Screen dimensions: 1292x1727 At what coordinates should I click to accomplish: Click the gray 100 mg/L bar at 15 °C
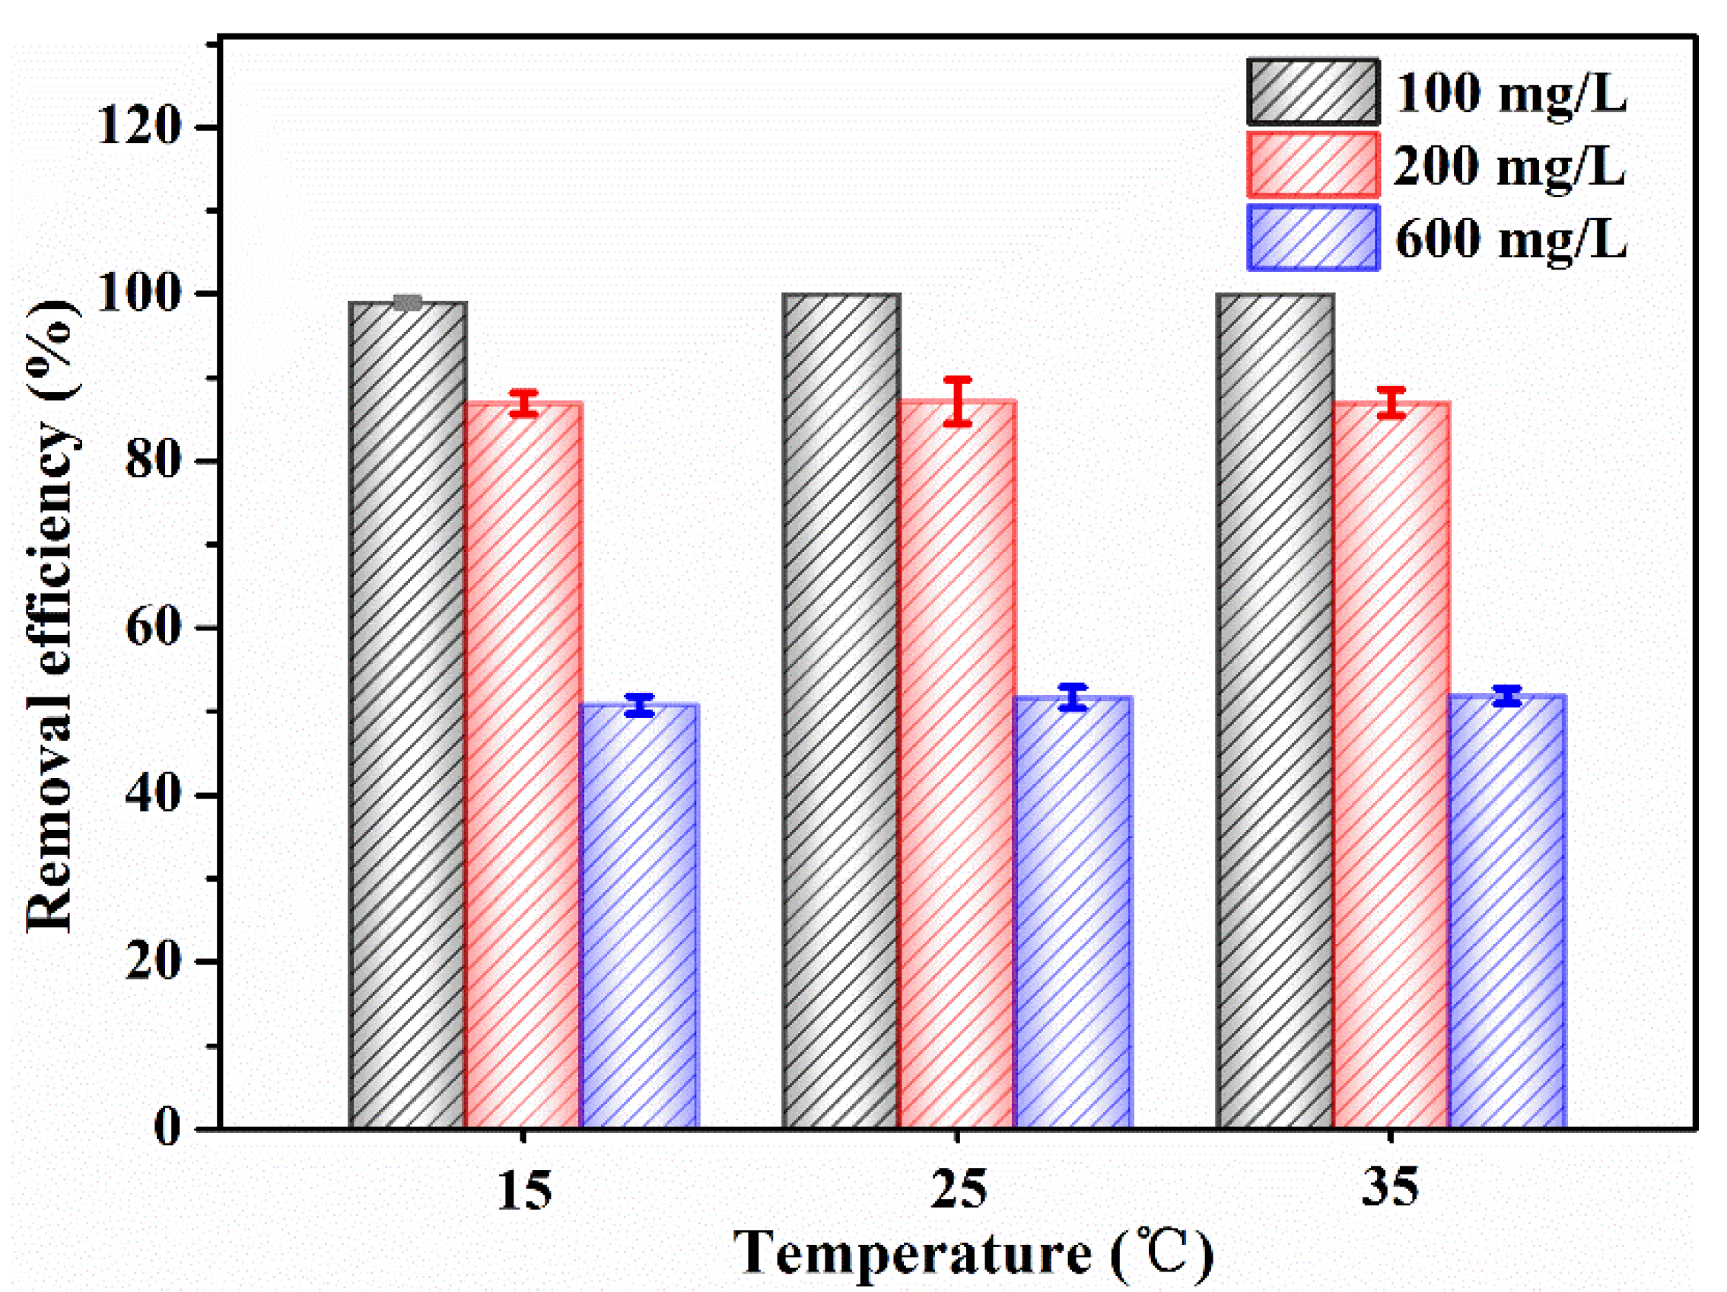click(408, 715)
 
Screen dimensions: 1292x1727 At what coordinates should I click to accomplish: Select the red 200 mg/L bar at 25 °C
click(957, 765)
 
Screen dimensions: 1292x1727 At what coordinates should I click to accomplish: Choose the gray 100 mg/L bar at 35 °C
click(1274, 711)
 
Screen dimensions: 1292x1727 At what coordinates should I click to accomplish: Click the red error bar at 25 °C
click(957, 401)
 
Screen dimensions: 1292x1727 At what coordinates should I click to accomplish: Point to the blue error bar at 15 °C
click(639, 704)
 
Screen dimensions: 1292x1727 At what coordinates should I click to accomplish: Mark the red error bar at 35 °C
click(1391, 402)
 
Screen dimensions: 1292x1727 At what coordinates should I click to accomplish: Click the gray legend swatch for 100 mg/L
click(1312, 92)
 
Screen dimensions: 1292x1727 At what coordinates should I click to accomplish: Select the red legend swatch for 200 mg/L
click(1312, 164)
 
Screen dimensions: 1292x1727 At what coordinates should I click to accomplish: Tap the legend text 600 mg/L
click(1510, 238)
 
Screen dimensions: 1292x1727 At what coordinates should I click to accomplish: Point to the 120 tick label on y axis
click(140, 126)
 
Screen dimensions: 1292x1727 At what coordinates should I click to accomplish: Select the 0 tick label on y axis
click(167, 1128)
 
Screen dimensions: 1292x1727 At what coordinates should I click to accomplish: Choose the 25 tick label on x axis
click(958, 1189)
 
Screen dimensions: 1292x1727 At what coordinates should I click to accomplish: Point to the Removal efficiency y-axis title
click(52, 617)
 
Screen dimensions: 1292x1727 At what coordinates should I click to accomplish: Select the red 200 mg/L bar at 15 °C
click(524, 765)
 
